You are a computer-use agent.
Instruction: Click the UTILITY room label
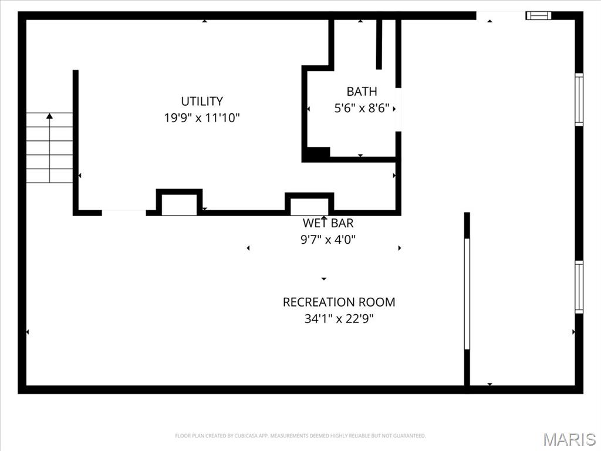click(202, 101)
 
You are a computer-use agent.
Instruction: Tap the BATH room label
click(362, 92)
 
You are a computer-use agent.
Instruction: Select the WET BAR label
click(327, 223)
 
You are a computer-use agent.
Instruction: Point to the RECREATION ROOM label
click(339, 302)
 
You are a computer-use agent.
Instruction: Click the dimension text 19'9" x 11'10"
click(202, 117)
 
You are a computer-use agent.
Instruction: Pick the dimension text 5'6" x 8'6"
click(362, 108)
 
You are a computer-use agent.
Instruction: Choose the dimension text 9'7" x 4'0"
click(327, 240)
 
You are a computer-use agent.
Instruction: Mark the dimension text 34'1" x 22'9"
click(339, 319)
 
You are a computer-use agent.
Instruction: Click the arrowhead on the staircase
click(49, 116)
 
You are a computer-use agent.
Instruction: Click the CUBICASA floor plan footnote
click(300, 436)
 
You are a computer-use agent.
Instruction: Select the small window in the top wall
click(539, 15)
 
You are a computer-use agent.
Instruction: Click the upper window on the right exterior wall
click(579, 99)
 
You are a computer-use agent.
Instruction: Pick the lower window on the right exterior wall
click(579, 287)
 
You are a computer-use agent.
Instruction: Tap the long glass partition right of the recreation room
click(467, 294)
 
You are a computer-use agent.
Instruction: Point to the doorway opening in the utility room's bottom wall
click(124, 213)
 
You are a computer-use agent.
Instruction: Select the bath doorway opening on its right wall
click(399, 110)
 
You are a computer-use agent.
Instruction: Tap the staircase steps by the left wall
click(49, 147)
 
